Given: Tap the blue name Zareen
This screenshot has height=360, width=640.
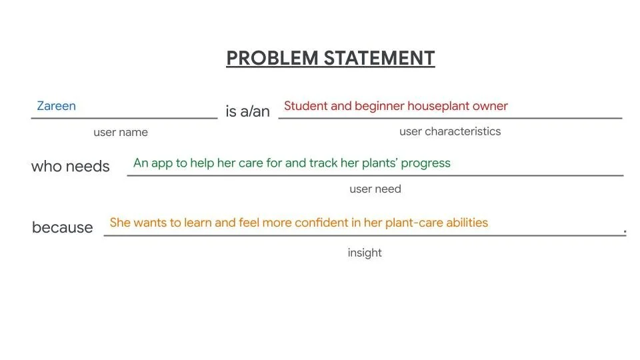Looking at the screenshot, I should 56,106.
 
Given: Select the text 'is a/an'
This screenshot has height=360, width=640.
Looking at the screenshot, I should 247,111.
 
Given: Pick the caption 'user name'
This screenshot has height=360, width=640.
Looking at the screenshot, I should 121,132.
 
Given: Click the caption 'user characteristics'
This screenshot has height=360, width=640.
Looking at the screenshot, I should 450,131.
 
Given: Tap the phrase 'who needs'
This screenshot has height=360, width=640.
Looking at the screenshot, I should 70,166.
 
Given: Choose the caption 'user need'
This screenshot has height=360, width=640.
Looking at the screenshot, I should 375,189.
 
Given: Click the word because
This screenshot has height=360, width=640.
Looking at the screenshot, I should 63,227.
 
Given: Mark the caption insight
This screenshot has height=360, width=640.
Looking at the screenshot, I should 365,253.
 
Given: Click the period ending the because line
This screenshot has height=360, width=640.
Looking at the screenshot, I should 625,231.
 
